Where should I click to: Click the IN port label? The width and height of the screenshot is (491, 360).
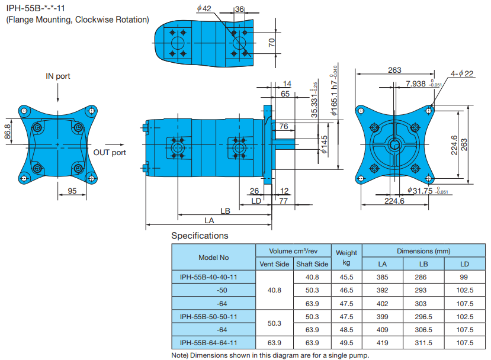58,76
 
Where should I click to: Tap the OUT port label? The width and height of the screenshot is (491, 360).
110,152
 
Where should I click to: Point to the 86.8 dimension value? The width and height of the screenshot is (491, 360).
8,131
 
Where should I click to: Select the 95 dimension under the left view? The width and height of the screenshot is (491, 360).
72,191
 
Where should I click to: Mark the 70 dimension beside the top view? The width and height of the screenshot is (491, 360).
272,42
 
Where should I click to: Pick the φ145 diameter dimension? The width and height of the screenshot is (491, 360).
324,144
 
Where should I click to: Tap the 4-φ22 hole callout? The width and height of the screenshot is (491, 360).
462,73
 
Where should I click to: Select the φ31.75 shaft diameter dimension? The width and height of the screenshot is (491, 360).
419,191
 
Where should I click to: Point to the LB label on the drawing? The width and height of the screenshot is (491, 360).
225,211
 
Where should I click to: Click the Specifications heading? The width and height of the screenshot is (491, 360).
200,236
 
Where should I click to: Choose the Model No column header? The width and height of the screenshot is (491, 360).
213,258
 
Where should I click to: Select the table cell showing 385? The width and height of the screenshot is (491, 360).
382,277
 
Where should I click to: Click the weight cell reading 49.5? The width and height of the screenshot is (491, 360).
346,342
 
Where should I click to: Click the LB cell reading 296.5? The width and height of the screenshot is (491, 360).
423,316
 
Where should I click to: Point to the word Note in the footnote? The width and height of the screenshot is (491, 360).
180,355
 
